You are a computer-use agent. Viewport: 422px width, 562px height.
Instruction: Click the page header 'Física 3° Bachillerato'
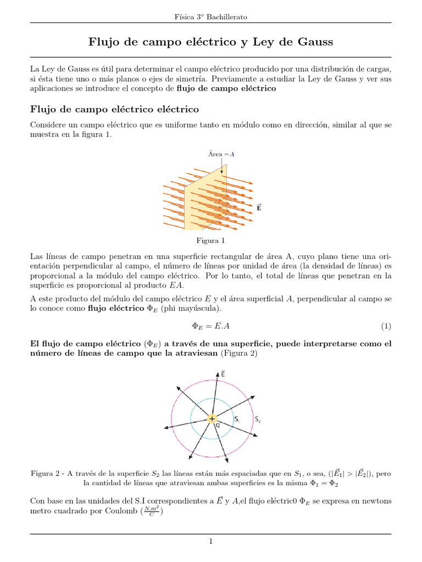(210, 17)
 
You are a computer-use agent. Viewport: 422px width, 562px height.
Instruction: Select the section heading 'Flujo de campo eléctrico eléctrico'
(114, 109)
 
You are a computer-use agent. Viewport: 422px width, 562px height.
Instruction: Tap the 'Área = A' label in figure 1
(221, 154)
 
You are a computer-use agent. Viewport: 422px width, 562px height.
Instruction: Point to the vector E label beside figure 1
(259, 207)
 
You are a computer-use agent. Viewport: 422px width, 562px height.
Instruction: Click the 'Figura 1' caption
(210, 240)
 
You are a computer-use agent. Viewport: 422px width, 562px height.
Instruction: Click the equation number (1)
(386, 326)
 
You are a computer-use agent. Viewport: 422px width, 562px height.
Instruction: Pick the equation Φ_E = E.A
(210, 326)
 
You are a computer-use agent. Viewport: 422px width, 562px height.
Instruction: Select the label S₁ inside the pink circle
(236, 419)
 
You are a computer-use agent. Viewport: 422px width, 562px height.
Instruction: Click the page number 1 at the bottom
(210, 542)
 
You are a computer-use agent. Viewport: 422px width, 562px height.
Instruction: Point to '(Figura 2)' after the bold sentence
(238, 353)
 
